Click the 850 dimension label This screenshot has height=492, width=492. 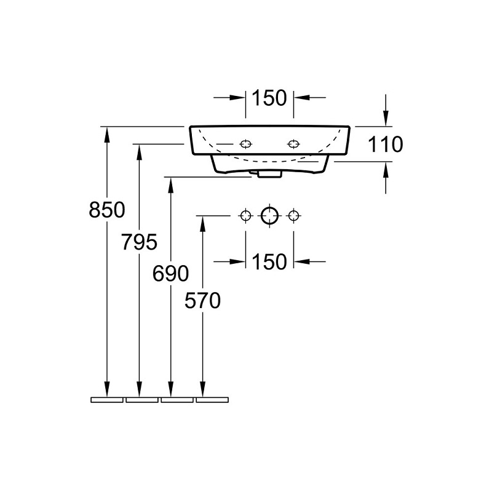click(107, 210)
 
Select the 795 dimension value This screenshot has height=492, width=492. click(139, 242)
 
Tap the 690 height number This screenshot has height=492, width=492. click(171, 273)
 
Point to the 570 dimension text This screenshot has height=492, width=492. click(203, 300)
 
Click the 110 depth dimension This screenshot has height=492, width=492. click(386, 145)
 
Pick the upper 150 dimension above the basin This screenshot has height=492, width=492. click(269, 98)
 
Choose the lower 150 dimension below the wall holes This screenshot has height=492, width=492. click(269, 261)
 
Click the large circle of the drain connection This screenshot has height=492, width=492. click(269, 216)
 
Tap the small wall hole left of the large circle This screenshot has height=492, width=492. click(245, 216)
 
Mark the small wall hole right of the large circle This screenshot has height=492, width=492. click(293, 216)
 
